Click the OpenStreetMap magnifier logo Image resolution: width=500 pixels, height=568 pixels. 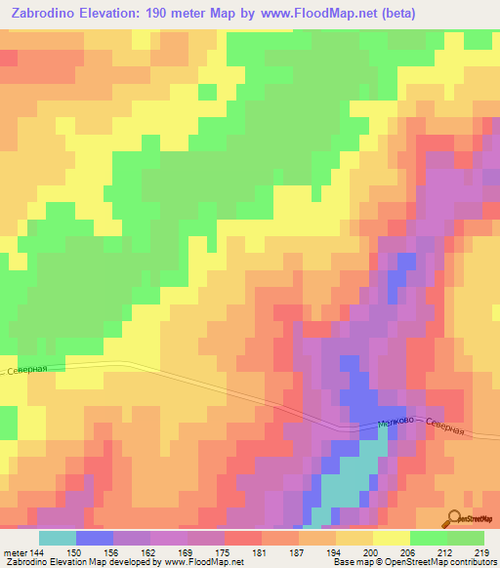pyautogui.click(x=456, y=519)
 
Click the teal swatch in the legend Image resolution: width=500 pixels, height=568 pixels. pyautogui.click(x=58, y=537)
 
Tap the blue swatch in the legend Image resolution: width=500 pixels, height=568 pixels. pyautogui.click(x=95, y=537)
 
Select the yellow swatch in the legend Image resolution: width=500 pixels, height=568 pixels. pyautogui.click(x=391, y=537)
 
